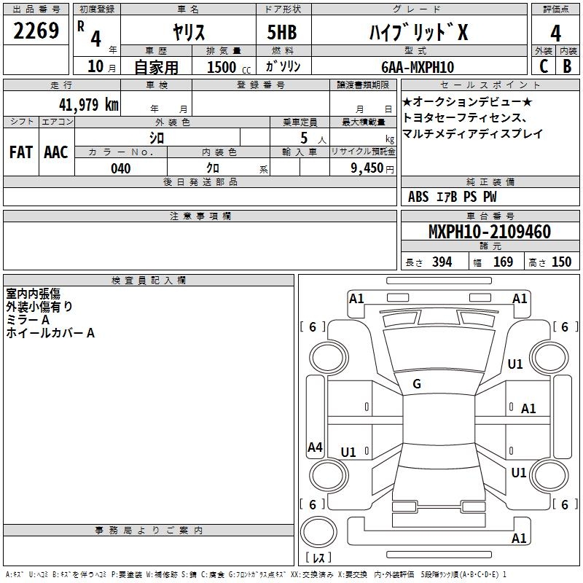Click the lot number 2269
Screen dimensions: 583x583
click(x=36, y=32)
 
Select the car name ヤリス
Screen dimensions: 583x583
click(x=188, y=33)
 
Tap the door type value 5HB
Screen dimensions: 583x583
click(x=281, y=33)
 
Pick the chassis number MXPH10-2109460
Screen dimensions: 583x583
click(x=489, y=232)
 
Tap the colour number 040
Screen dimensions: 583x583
click(x=121, y=168)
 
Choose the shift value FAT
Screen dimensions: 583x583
click(x=20, y=152)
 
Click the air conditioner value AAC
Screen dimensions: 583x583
click(x=56, y=152)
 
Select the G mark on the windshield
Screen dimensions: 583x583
click(x=417, y=384)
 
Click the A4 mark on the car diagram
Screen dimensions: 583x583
click(x=315, y=447)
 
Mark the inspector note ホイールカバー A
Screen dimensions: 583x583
click(x=50, y=333)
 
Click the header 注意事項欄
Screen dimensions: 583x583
click(x=200, y=216)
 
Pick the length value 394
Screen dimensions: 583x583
click(x=441, y=262)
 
